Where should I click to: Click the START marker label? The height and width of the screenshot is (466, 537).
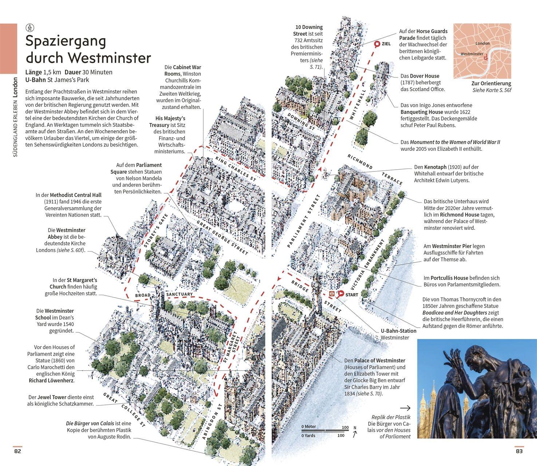pos(352,295)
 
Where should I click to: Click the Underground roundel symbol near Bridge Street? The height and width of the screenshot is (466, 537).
pos(332,294)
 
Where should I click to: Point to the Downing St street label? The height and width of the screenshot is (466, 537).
pos(301,121)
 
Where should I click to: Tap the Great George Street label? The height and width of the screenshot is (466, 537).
pos(222,238)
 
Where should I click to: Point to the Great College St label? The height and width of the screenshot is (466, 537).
pos(124,410)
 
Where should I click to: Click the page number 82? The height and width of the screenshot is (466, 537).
pos(17,451)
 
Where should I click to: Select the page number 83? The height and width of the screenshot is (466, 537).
pos(519,451)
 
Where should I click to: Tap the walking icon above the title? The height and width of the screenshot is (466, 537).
pos(30,27)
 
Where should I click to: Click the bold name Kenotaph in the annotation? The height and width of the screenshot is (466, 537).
pos(435,167)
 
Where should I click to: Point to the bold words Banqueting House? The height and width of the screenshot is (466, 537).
pos(422,112)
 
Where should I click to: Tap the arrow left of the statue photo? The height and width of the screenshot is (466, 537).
pos(405,408)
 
